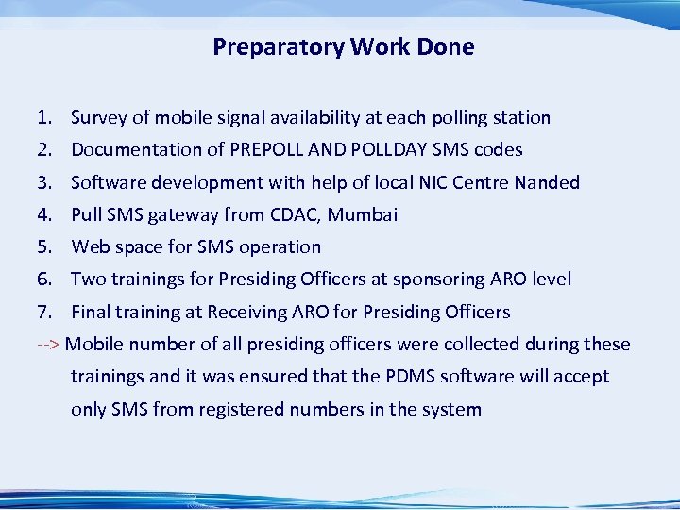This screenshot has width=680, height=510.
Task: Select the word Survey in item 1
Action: point(98,118)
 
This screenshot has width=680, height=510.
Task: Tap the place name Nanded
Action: point(547,182)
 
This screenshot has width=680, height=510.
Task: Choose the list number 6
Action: point(43,279)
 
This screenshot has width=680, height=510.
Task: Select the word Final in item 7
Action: point(92,312)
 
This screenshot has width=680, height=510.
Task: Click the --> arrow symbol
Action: point(49,344)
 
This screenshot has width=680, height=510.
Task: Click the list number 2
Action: point(43,150)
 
